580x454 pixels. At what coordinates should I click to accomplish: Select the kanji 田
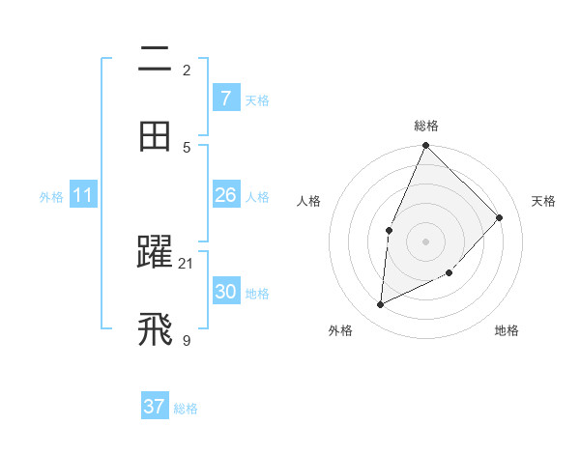coord(155,136)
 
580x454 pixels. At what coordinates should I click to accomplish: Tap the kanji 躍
coord(155,253)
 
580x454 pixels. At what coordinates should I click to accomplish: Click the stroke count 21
coord(187,263)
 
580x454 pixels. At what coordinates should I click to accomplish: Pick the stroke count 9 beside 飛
coord(187,340)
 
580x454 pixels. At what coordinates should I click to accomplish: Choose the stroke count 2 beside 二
coord(187,70)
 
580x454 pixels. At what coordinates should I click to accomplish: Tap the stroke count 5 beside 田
coord(187,147)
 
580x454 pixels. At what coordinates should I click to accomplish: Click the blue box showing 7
coord(225,99)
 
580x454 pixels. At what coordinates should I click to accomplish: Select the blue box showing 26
coord(225,195)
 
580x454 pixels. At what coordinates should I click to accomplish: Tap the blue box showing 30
coord(225,292)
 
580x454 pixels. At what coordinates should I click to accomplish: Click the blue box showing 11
coord(82,195)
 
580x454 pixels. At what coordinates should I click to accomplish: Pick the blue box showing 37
coord(154,407)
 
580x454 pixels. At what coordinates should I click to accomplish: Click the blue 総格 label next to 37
coord(186,409)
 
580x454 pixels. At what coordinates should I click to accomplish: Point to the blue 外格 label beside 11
coord(51,197)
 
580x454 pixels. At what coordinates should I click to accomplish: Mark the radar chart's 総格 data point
coord(425,146)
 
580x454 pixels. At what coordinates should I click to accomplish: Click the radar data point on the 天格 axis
coord(500,217)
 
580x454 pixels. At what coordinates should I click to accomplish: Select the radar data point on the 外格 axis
coord(381,305)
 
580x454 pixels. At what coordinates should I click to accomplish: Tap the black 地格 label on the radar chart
coord(507,331)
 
